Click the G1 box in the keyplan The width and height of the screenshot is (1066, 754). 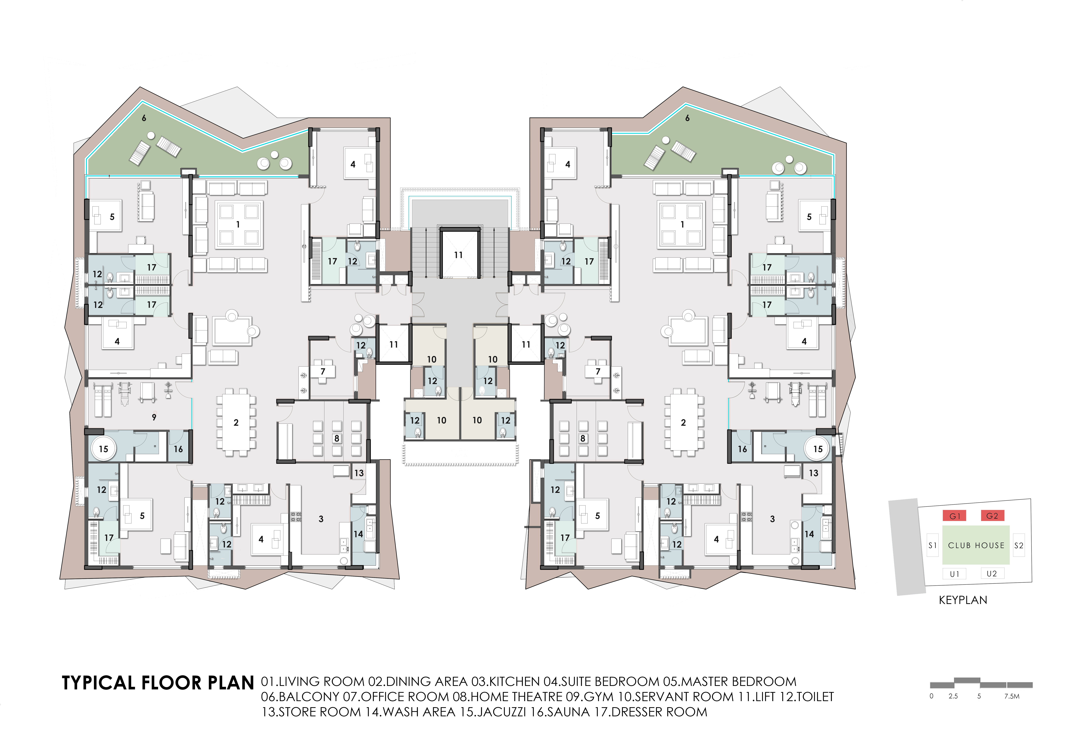(x=955, y=516)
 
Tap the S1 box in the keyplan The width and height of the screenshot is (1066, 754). (x=932, y=545)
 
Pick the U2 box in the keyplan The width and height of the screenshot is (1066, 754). (x=992, y=574)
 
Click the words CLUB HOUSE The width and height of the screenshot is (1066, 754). (x=976, y=545)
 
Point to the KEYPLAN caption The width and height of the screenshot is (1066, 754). (x=963, y=600)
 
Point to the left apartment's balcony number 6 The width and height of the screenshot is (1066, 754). (x=144, y=118)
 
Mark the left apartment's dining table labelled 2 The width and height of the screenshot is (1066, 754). (x=236, y=422)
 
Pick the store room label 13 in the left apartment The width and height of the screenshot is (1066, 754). (x=359, y=473)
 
